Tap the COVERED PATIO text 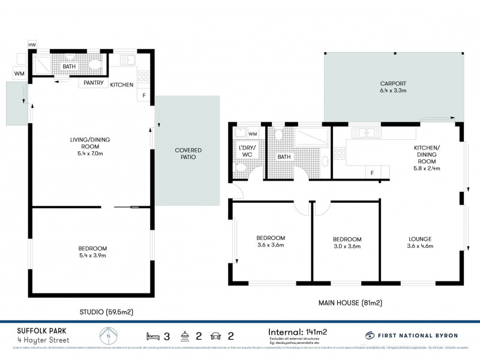pyautogui.click(x=188, y=153)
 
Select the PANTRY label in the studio pyautogui.click(x=93, y=83)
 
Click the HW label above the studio pyautogui.click(x=31, y=45)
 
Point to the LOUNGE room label pyautogui.click(x=420, y=239)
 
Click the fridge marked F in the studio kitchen pyautogui.click(x=144, y=97)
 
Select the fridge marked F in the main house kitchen pyautogui.click(x=372, y=173)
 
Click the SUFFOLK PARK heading pyautogui.click(x=34, y=329)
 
